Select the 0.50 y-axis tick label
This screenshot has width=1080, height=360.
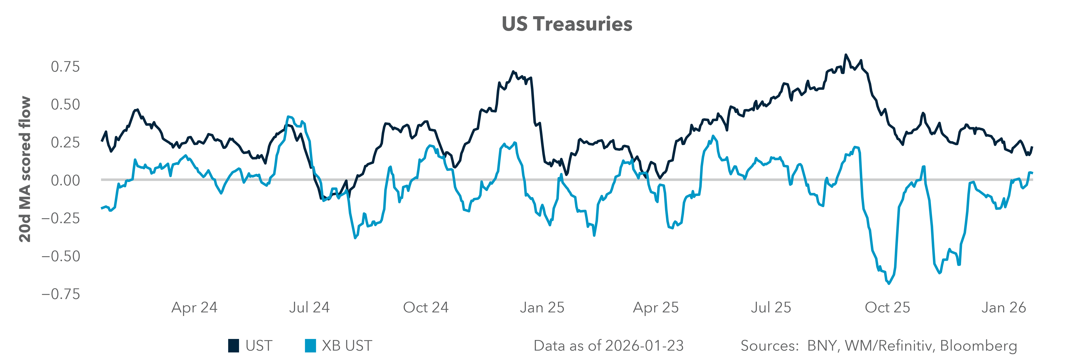[65, 104]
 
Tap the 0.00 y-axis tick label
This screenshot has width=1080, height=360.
[65, 180]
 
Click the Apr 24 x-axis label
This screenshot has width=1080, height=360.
[194, 308]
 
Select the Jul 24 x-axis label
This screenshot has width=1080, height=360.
[309, 308]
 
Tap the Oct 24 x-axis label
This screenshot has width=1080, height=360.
[426, 308]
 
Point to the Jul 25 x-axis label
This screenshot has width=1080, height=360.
[771, 308]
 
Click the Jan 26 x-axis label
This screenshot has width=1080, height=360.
[1003, 308]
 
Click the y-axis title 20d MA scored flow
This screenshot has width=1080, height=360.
[25, 169]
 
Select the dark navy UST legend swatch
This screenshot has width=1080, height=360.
[234, 346]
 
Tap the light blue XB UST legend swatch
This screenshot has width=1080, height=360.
[310, 346]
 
